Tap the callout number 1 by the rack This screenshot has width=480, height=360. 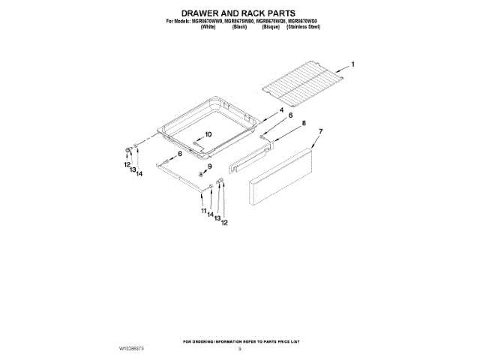click(353, 64)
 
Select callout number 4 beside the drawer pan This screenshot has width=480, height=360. click(281, 111)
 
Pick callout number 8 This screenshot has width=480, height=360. click(304, 123)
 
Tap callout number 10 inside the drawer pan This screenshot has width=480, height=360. click(208, 134)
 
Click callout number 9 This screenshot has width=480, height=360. click(211, 166)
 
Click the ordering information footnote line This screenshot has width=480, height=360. click(239, 341)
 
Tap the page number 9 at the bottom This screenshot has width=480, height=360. click(240, 349)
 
